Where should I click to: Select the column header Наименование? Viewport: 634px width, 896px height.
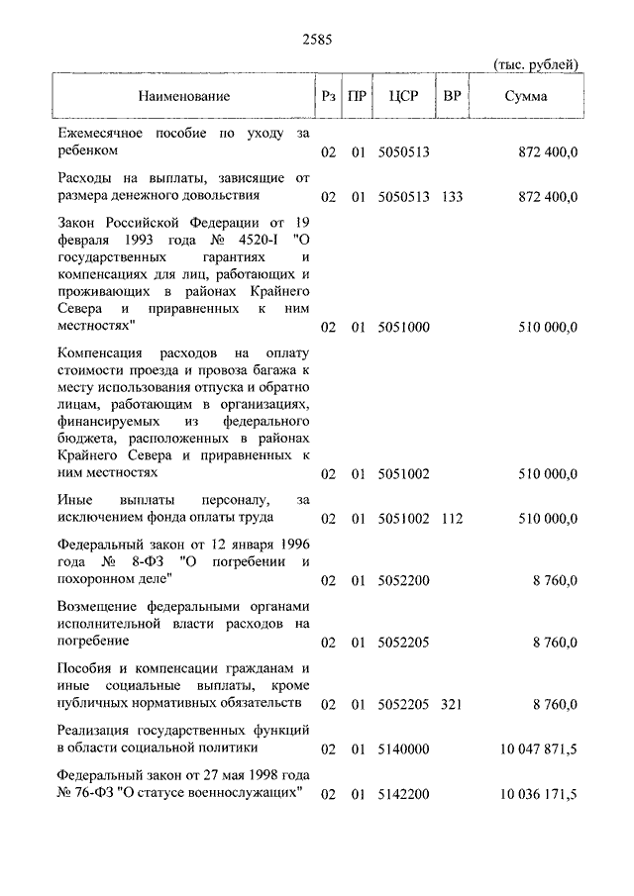tap(183, 97)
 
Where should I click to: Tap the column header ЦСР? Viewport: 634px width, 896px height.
tap(404, 97)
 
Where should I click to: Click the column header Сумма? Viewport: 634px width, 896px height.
tap(525, 97)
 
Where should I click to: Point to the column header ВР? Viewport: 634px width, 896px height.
tap(453, 97)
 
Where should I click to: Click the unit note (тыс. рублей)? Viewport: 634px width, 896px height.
tap(535, 65)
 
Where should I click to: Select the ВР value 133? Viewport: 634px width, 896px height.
tap(452, 197)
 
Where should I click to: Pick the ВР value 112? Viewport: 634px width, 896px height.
tap(452, 518)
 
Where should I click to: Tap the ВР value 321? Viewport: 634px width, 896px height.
tap(452, 704)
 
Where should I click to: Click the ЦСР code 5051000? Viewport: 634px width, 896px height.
tap(403, 327)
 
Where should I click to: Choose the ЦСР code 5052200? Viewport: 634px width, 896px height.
tap(403, 580)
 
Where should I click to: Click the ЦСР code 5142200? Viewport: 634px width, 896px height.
tap(403, 795)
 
